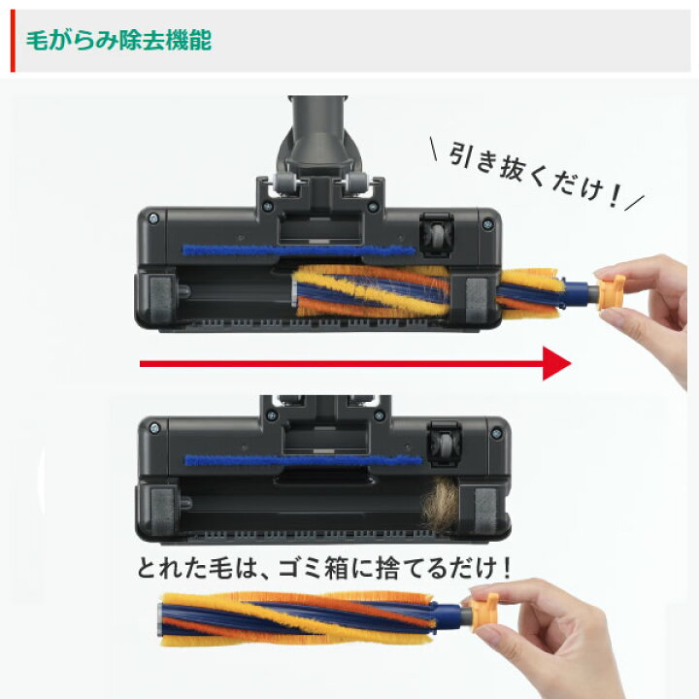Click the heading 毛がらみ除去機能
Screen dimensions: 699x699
(118, 41)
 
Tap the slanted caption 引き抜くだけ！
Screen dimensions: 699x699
(535, 175)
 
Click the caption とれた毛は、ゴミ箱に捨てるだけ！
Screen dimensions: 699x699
(325, 568)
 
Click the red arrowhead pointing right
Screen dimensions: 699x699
(556, 363)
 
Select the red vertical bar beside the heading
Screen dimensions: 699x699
(13, 41)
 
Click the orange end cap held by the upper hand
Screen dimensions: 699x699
(611, 291)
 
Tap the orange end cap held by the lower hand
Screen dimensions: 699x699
(483, 612)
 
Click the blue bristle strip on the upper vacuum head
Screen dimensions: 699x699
(299, 250)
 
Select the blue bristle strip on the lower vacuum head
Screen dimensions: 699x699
(303, 460)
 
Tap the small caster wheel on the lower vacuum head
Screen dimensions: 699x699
(444, 444)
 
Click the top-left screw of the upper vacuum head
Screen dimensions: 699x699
(153, 218)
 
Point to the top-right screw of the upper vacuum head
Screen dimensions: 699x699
(488, 223)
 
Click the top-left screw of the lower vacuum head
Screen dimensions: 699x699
(154, 428)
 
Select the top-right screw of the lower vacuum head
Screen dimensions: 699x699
(496, 433)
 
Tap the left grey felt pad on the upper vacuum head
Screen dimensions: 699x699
(160, 298)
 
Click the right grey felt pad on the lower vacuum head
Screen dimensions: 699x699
(485, 511)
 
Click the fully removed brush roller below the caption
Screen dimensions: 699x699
(312, 618)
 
